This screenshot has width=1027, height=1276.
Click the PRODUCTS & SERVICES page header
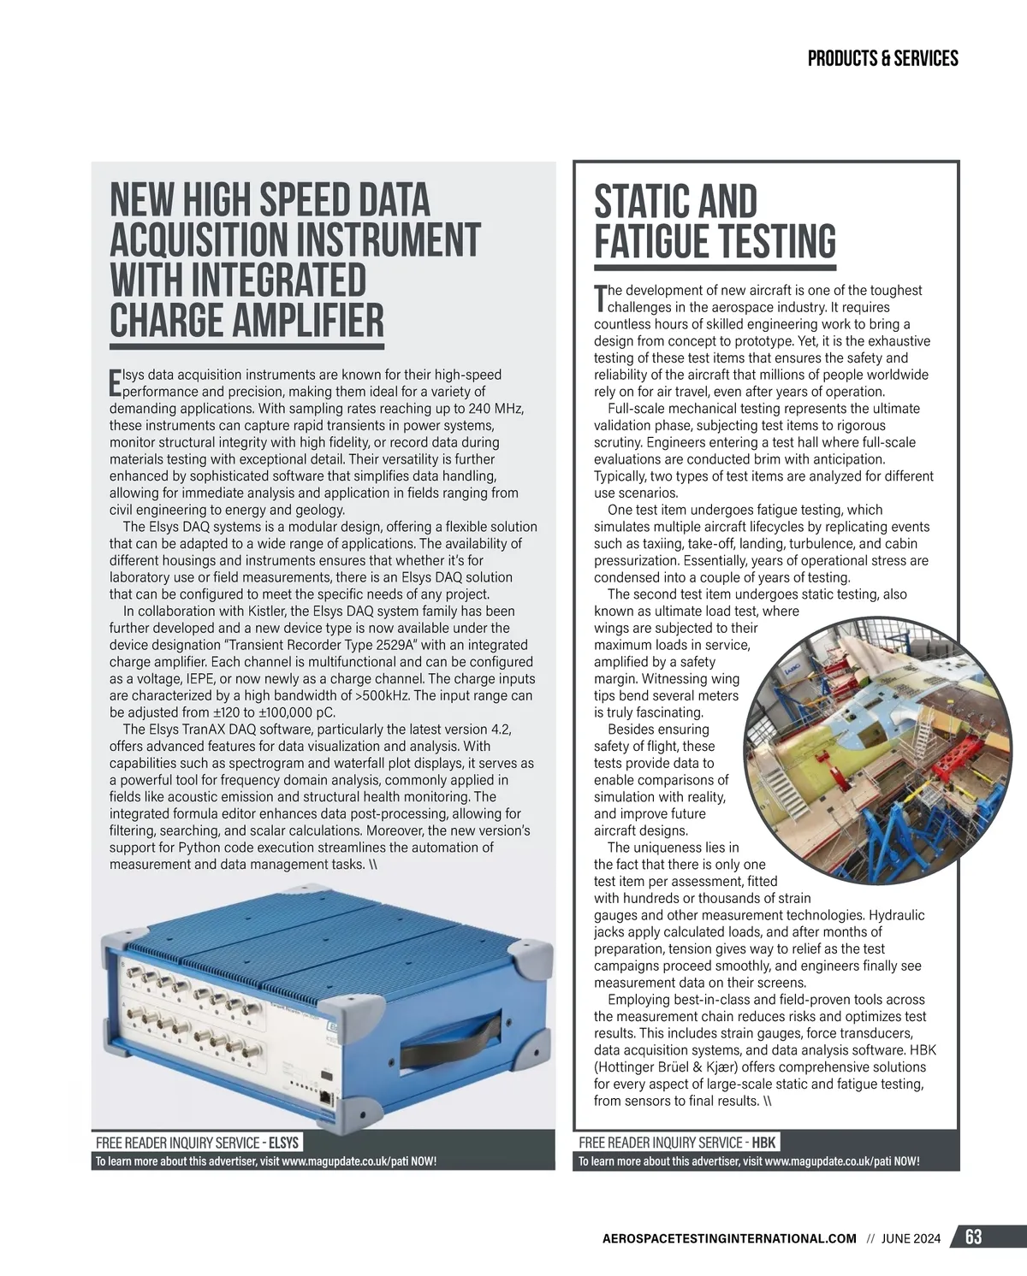882,58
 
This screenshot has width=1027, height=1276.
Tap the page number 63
973,1238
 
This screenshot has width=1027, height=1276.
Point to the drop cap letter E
116,382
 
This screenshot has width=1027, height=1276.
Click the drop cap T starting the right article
600,298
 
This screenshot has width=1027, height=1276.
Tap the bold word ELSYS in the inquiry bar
283,1143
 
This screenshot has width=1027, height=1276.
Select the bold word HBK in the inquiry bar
763,1143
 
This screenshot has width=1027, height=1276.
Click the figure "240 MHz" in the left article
496,408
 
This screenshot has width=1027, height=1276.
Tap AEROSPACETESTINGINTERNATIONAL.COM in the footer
729,1238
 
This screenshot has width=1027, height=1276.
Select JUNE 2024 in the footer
911,1238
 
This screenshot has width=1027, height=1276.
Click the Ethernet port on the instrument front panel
326,1097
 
